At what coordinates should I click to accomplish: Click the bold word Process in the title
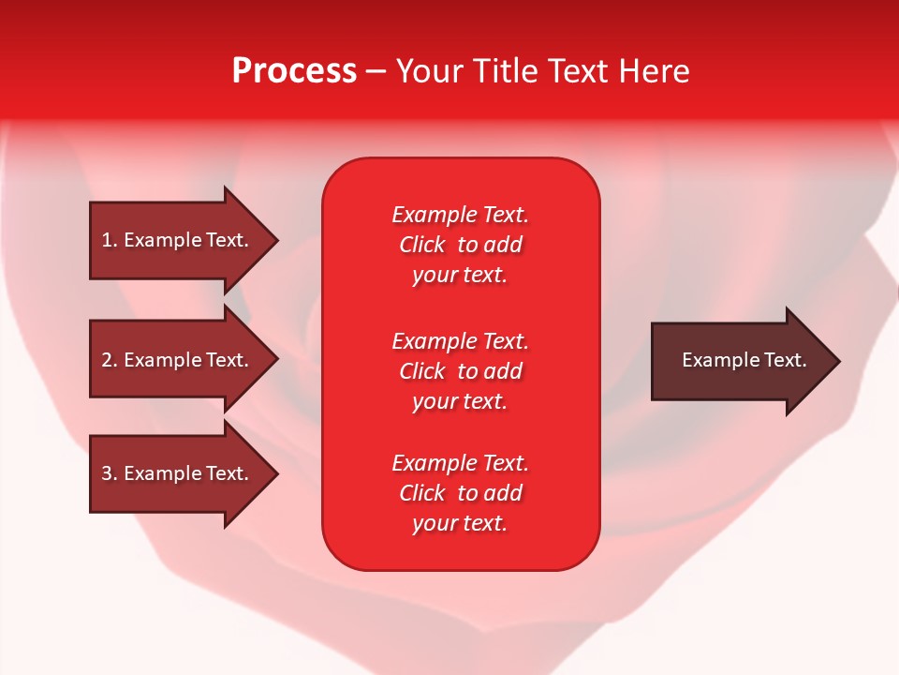point(294,70)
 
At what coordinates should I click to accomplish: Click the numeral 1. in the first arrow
point(109,240)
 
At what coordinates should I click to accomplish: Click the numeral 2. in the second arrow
point(109,360)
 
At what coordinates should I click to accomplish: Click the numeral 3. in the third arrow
point(109,473)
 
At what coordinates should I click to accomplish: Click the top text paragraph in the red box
point(460,245)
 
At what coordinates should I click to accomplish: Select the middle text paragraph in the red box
point(460,371)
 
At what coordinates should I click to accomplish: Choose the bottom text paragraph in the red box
point(460,493)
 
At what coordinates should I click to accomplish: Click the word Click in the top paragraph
point(422,245)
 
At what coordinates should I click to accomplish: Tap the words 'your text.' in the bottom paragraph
point(460,523)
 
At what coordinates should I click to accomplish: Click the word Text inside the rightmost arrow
point(786,360)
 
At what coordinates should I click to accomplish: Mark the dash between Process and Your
point(376,72)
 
